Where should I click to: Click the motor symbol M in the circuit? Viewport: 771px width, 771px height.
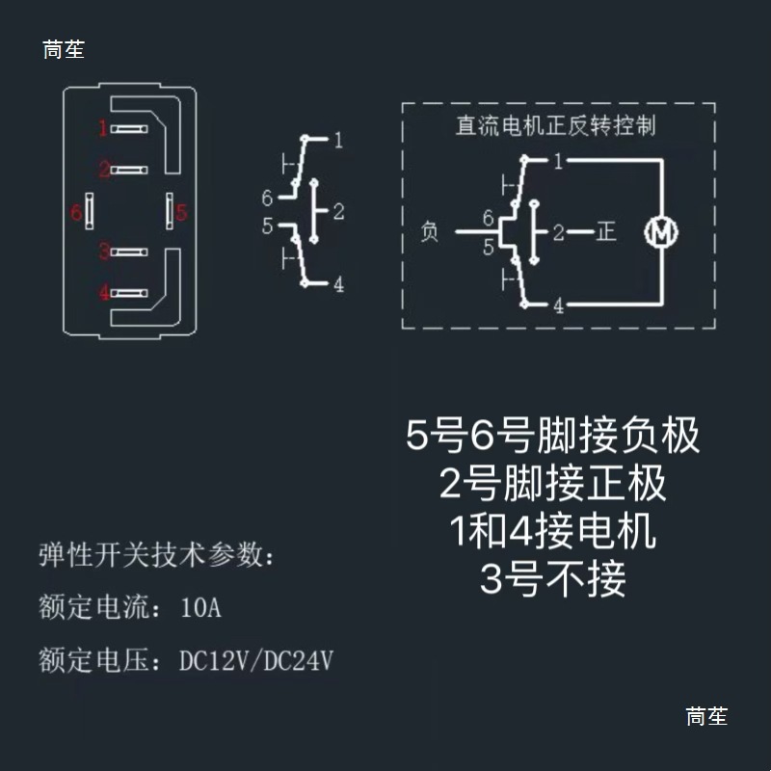click(x=662, y=232)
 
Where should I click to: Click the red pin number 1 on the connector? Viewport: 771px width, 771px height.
click(x=103, y=127)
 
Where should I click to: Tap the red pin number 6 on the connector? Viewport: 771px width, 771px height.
click(x=76, y=212)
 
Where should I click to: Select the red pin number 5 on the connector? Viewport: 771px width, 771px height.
click(x=180, y=212)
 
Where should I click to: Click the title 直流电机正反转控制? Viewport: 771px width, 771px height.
click(x=555, y=125)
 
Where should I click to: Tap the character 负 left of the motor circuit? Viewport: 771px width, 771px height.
click(x=430, y=232)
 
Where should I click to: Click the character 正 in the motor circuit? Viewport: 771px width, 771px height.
click(x=605, y=232)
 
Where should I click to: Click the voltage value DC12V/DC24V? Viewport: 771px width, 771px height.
click(x=256, y=661)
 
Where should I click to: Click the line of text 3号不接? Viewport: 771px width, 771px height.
click(x=553, y=580)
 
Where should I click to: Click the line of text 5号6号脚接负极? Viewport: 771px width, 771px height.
click(x=553, y=437)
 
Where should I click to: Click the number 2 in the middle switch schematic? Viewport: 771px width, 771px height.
click(x=338, y=211)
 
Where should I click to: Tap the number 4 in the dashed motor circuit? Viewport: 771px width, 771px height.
click(x=558, y=306)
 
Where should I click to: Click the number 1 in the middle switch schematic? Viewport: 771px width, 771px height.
click(x=338, y=141)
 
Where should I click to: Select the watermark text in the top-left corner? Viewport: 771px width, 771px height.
click(x=64, y=50)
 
